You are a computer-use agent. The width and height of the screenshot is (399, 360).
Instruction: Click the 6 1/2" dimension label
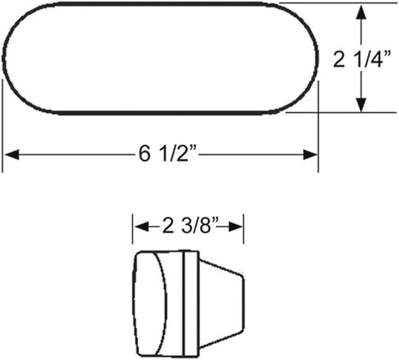tap(168, 154)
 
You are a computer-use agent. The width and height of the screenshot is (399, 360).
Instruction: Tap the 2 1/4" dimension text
tap(362, 59)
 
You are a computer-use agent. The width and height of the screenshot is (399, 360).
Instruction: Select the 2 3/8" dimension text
tap(191, 226)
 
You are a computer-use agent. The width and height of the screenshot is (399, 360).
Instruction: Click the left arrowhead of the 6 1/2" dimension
tap(12, 155)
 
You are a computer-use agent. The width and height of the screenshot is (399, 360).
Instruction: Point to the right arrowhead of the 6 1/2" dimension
tap(311, 155)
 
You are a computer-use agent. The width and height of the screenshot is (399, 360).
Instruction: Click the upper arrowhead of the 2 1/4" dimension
tap(361, 11)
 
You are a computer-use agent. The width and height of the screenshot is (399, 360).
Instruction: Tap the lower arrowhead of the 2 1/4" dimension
tap(361, 105)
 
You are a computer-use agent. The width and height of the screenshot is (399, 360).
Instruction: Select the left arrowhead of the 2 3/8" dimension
tap(142, 227)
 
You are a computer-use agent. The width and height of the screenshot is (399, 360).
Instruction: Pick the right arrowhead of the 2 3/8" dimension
tap(235, 227)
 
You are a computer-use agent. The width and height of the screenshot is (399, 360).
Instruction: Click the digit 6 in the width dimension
tap(145, 154)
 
